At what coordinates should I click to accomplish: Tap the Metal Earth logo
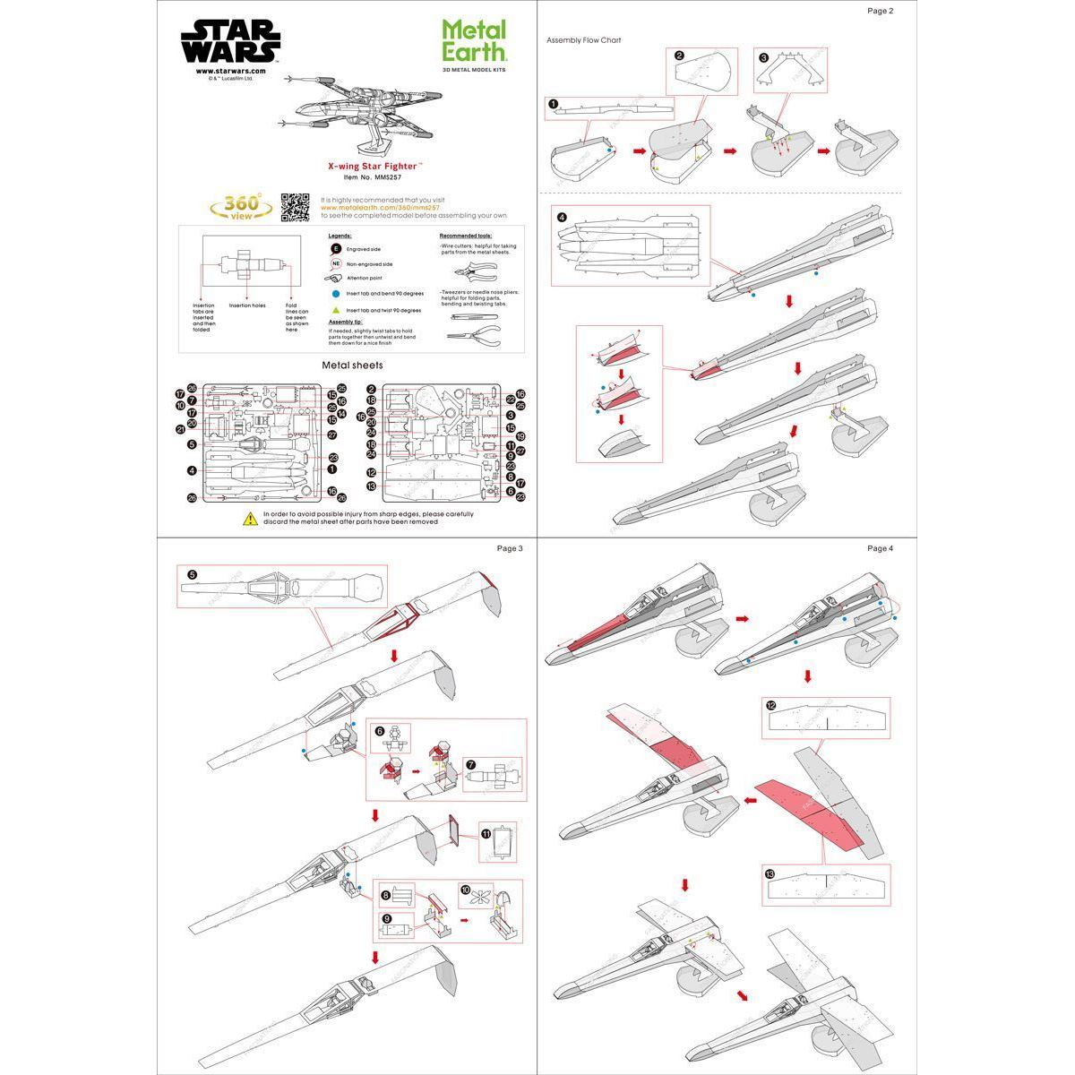[x=474, y=42]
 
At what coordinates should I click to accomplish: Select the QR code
[x=295, y=207]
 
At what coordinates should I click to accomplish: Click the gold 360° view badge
[x=241, y=206]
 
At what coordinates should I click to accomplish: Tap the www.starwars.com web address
[x=230, y=71]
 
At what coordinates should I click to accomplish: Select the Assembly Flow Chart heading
[x=583, y=40]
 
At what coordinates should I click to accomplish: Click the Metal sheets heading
[x=351, y=365]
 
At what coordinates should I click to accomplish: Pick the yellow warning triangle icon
[x=251, y=519]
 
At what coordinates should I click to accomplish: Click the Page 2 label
[x=880, y=11]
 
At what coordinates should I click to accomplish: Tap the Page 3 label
[x=509, y=548]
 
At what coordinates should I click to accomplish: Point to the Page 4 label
[x=880, y=548]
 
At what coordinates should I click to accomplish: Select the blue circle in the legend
[x=336, y=294]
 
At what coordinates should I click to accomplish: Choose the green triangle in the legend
[x=336, y=310]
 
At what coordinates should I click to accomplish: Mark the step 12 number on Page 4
[x=770, y=705]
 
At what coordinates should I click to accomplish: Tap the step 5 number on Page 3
[x=191, y=574]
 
